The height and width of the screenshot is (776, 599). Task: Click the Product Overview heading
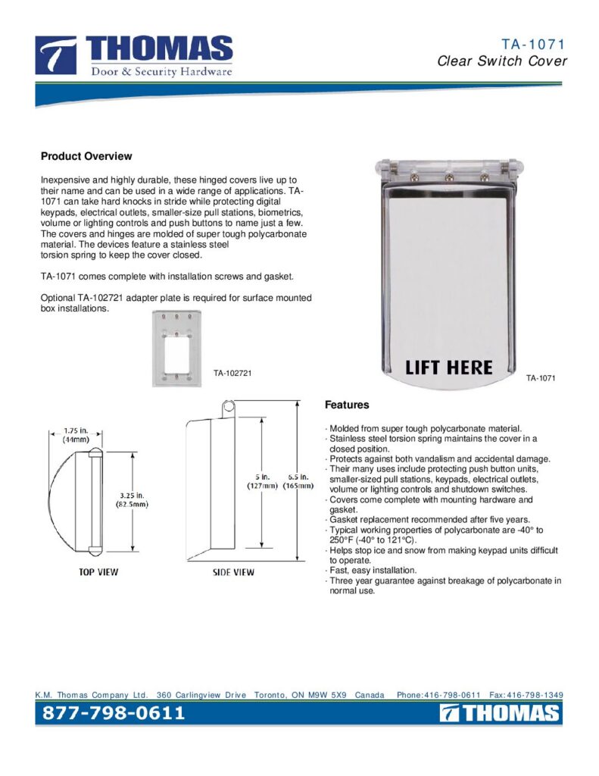[x=86, y=156]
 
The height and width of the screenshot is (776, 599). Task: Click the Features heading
[x=347, y=405]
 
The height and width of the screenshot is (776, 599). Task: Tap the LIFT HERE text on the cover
[x=448, y=368]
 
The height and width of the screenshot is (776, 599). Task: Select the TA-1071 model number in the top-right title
[x=533, y=45]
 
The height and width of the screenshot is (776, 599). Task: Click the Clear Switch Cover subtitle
[x=502, y=61]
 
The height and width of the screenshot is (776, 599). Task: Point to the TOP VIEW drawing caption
[x=98, y=572]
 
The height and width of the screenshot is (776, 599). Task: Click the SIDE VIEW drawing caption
[x=233, y=572]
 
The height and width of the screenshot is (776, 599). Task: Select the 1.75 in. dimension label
[x=76, y=435]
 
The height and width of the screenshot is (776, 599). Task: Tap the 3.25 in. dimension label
[x=132, y=500]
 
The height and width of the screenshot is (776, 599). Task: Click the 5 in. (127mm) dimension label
[x=262, y=481]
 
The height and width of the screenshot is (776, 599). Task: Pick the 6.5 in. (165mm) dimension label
[x=298, y=481]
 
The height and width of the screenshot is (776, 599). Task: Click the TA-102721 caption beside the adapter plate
[x=232, y=373]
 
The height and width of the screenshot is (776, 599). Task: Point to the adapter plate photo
[x=177, y=349]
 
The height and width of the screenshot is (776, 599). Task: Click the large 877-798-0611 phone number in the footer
[x=114, y=713]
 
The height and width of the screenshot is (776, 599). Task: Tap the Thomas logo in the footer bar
[x=500, y=713]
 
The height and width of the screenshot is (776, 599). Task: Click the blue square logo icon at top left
[x=56, y=55]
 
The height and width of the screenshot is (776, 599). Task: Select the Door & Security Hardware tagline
[x=161, y=72]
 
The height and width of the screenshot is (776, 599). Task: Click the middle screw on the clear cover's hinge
[x=449, y=177]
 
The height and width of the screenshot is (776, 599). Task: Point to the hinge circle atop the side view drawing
[x=228, y=408]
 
